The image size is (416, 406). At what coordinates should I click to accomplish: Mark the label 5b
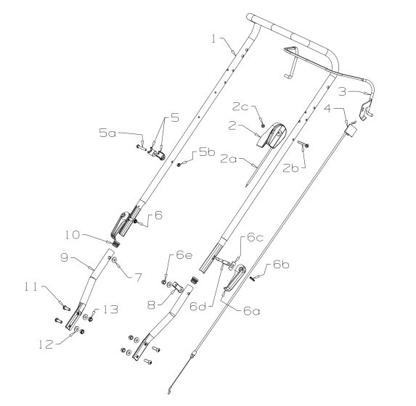point(197,154)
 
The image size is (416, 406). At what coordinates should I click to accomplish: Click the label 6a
point(251,310)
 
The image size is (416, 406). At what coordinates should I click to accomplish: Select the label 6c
point(254,237)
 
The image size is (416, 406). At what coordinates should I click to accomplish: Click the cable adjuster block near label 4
point(353,131)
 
